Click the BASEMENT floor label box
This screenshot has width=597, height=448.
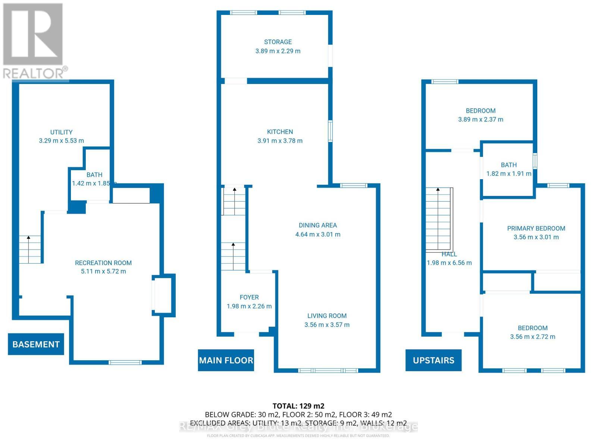click(x=36, y=344)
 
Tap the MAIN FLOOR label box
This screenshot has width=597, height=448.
click(x=226, y=360)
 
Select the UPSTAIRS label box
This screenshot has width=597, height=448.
click(x=433, y=360)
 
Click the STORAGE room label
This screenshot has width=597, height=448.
click(x=278, y=42)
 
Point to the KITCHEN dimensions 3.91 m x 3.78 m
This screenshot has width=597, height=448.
click(x=280, y=141)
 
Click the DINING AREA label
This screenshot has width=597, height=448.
click(x=318, y=225)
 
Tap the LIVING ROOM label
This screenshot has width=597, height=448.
click(x=327, y=316)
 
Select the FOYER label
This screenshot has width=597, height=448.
click(x=249, y=297)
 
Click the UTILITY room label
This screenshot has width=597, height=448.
click(x=61, y=132)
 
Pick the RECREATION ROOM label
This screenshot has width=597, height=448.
click(x=103, y=263)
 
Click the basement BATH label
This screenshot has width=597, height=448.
click(x=94, y=175)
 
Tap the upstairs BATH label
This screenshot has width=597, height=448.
click(x=509, y=165)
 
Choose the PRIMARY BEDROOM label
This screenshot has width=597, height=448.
click(x=536, y=228)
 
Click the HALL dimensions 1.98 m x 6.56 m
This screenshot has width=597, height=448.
click(x=449, y=263)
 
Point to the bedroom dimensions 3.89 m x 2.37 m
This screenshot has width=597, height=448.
click(x=481, y=119)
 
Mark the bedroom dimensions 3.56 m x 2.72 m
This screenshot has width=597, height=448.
click(x=532, y=337)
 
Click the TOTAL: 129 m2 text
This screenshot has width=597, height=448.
click(x=298, y=406)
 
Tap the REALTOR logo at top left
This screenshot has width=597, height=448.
click(x=34, y=41)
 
